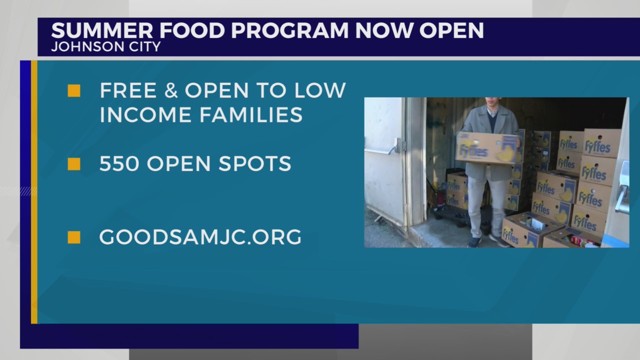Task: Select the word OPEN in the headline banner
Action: click(451, 30)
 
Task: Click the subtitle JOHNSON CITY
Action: click(105, 47)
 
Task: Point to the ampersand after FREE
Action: click(167, 90)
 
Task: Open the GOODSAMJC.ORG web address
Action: click(200, 237)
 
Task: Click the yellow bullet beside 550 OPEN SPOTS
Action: click(74, 164)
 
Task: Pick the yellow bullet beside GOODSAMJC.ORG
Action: click(74, 237)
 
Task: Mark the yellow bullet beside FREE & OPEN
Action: click(74, 90)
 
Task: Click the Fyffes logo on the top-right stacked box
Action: click(599, 147)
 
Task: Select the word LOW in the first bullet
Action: click(321, 90)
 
